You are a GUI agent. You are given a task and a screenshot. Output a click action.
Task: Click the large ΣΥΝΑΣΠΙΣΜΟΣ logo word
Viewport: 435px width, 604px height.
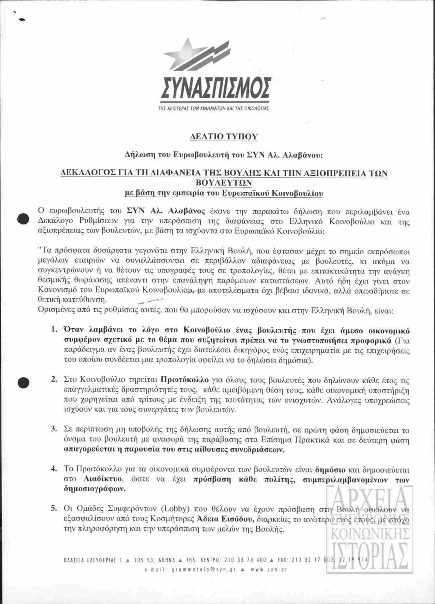(216, 88)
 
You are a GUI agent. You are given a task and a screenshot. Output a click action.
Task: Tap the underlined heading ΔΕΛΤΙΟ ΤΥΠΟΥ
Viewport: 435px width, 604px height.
(224, 137)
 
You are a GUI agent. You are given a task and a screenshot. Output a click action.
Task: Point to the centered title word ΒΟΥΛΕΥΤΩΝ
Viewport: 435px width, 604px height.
(224, 183)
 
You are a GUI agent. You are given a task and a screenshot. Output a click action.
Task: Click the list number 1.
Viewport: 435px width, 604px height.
(54, 330)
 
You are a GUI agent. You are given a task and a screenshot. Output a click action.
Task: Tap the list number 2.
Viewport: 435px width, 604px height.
(54, 380)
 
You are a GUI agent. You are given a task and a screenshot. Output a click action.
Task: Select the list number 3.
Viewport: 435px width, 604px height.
(54, 430)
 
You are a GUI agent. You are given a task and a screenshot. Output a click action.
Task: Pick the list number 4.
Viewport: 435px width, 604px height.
(54, 469)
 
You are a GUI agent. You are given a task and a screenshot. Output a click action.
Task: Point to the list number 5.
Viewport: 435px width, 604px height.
(54, 509)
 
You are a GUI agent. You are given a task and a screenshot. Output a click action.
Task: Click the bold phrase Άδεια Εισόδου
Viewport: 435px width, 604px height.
(226, 519)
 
